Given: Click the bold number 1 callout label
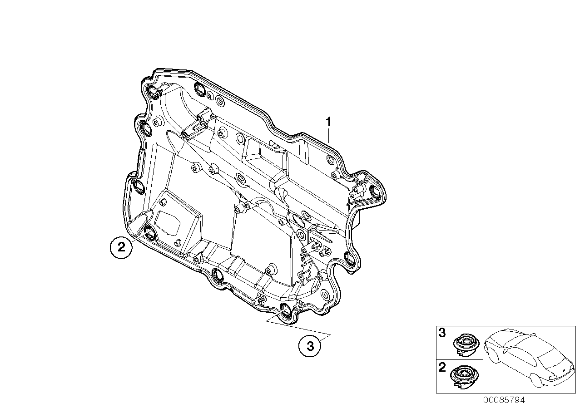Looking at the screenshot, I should [328, 110].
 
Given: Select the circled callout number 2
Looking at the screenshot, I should [121, 248].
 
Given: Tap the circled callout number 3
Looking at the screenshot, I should [310, 346].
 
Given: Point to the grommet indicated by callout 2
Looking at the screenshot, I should [149, 233].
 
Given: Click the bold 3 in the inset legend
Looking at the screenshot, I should [441, 334].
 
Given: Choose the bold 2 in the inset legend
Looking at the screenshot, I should [441, 367].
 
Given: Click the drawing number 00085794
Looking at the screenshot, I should [504, 400].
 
